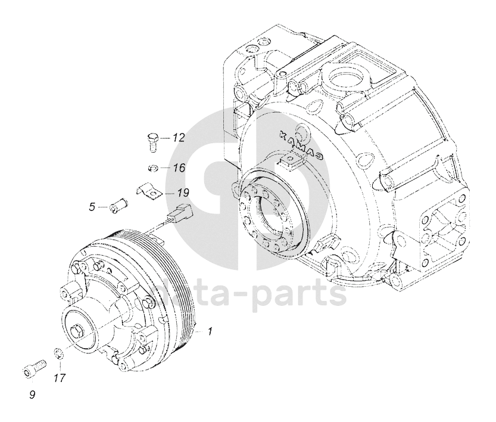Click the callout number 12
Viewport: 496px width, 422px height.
179,138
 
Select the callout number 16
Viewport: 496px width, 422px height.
179,168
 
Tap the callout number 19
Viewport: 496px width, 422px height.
182,193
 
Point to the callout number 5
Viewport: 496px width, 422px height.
92,207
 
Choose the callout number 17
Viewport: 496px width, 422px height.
59,378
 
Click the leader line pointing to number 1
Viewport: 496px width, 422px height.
199,329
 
